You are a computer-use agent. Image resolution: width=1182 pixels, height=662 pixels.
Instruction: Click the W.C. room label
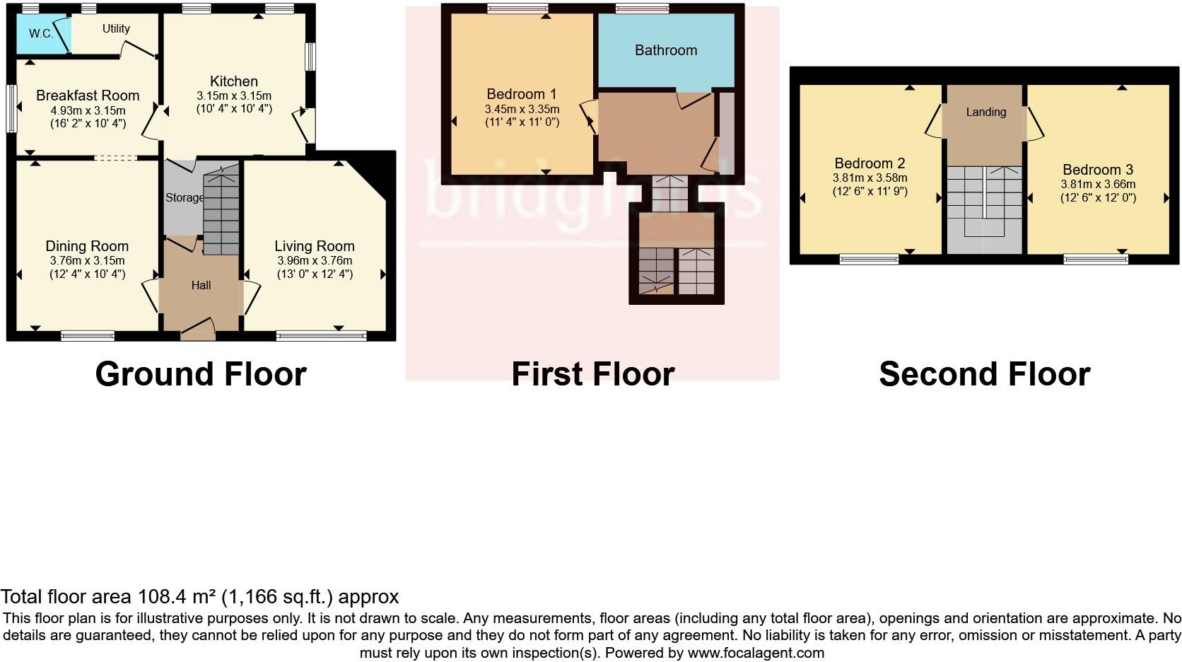click(x=41, y=33)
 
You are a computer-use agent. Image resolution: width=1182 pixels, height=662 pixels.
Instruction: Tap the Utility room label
click(x=116, y=28)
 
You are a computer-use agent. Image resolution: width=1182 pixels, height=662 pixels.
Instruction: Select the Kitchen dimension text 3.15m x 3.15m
click(x=234, y=95)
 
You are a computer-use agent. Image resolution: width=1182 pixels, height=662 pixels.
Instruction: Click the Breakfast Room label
click(x=88, y=95)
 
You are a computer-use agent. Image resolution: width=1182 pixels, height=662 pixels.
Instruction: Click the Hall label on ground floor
click(x=201, y=286)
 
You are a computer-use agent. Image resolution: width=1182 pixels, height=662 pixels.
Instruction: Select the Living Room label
click(x=315, y=246)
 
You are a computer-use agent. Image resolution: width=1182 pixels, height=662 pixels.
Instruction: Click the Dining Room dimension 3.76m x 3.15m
click(x=87, y=260)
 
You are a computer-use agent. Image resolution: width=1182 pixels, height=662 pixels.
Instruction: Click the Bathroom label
click(x=666, y=50)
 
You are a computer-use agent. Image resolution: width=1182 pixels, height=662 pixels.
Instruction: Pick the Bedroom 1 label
click(x=522, y=94)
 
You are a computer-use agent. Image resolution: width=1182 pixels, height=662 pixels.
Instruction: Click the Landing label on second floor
click(x=985, y=112)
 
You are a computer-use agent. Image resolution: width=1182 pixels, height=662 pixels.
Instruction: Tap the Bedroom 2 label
click(x=870, y=163)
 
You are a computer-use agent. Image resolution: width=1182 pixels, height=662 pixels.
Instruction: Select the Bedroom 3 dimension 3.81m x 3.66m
click(x=1098, y=184)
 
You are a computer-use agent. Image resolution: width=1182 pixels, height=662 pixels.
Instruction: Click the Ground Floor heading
click(x=201, y=374)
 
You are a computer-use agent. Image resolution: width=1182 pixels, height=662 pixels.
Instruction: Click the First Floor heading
click(x=592, y=374)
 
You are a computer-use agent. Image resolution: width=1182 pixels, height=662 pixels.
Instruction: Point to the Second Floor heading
click(x=984, y=374)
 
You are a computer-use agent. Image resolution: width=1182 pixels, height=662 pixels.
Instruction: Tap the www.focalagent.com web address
click(x=756, y=653)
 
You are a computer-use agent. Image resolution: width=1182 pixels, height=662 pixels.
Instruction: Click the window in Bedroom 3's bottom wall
click(x=1096, y=260)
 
